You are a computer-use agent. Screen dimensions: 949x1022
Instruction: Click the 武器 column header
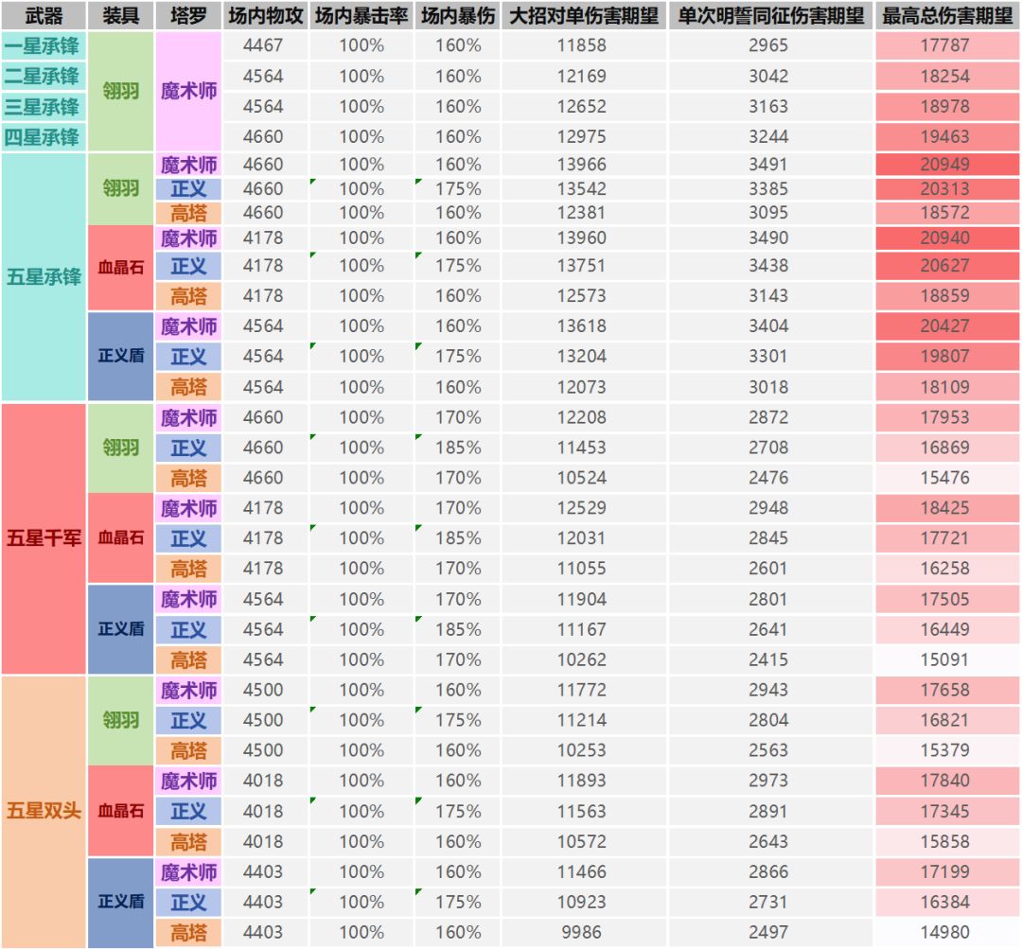(44, 16)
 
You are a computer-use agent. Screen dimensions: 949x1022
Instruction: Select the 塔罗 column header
(188, 16)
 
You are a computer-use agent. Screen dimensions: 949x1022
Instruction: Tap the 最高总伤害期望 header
(945, 16)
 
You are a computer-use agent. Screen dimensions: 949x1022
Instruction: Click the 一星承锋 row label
(43, 45)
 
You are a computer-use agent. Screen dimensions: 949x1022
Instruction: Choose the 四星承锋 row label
(43, 137)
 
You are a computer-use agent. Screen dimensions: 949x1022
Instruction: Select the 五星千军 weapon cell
(44, 538)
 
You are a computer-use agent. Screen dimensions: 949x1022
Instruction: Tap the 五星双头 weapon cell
(44, 811)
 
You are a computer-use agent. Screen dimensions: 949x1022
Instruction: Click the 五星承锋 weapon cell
(44, 277)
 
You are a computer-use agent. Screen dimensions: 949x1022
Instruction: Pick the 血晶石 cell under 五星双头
(121, 811)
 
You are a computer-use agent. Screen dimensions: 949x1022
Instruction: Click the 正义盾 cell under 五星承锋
(121, 356)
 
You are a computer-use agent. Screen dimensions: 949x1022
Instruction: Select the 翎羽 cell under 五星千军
(121, 448)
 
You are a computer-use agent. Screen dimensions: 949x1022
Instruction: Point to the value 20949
(944, 165)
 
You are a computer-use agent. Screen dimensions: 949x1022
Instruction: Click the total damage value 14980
(944, 932)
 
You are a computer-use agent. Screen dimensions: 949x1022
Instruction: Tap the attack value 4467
(263, 45)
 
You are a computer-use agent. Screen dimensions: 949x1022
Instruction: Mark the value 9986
(581, 932)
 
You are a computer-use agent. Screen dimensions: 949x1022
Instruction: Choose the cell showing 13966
(581, 165)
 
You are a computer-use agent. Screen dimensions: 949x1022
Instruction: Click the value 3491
(767, 165)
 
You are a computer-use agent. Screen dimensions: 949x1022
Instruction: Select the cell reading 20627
(944, 266)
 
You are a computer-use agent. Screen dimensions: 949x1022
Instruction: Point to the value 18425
(944, 508)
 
